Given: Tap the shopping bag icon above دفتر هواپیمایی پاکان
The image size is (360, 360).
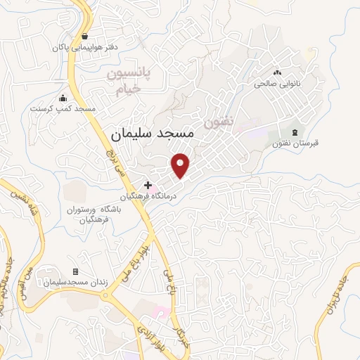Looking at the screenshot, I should coord(85,36).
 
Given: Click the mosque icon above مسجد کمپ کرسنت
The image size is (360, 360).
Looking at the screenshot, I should coord(63,98).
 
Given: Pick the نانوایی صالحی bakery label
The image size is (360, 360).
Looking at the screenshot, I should coord(277,84).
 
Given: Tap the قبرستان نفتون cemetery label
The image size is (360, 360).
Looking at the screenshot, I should coord(295,143).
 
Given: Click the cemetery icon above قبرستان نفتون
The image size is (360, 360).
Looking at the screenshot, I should coord(295,131).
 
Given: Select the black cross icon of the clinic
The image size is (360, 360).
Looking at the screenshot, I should coord(148,184).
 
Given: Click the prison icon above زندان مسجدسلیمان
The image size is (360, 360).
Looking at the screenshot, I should coord(75,271).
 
